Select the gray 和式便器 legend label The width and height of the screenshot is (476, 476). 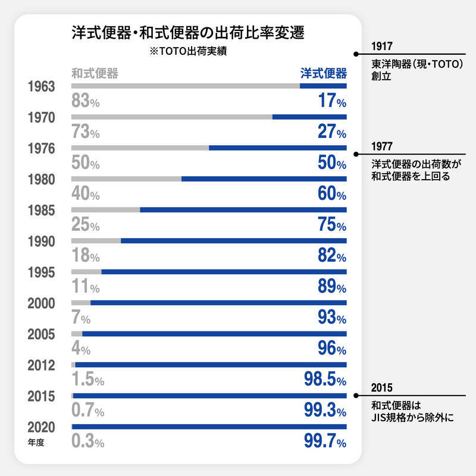coord(95,74)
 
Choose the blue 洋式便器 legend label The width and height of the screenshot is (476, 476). coord(323,74)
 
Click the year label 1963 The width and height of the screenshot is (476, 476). coord(42,86)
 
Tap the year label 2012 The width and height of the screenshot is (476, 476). coord(42,365)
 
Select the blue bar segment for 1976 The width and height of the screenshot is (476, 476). coord(278,148)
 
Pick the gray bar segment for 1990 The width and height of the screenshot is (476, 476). coord(96,241)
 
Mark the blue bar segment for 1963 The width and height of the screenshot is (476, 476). coord(323,86)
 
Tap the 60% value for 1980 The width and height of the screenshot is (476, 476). coord(331,194)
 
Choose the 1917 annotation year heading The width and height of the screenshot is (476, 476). coord(381,46)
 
